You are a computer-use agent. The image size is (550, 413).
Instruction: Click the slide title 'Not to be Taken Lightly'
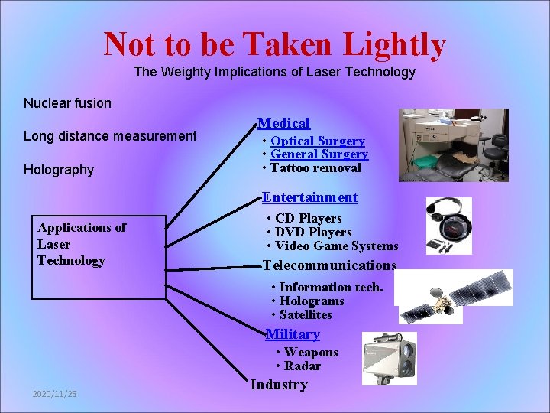pyautogui.click(x=274, y=44)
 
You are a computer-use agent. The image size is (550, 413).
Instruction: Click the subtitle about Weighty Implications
pyautogui.click(x=274, y=73)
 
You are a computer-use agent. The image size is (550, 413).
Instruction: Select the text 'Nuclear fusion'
pyautogui.click(x=67, y=103)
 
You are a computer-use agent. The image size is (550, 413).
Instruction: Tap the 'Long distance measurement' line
pyautogui.click(x=110, y=136)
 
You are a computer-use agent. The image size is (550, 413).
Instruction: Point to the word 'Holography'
pyautogui.click(x=59, y=170)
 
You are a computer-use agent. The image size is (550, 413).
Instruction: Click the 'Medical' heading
pyautogui.click(x=283, y=123)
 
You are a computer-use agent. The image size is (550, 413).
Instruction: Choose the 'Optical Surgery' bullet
pyautogui.click(x=317, y=141)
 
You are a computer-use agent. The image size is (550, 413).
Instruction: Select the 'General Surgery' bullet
pyautogui.click(x=319, y=154)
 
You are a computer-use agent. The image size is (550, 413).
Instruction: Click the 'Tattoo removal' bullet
pyautogui.click(x=315, y=168)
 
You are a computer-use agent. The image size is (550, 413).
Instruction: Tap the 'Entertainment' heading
pyautogui.click(x=309, y=197)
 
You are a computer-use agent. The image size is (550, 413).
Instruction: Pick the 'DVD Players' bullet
pyautogui.click(x=313, y=233)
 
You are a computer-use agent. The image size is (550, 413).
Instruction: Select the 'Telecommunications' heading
pyautogui.click(x=329, y=265)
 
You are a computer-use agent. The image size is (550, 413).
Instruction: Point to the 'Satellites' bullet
pyautogui.click(x=306, y=315)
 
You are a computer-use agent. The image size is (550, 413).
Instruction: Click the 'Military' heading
pyautogui.click(x=293, y=334)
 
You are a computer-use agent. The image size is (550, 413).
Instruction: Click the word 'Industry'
pyautogui.click(x=279, y=385)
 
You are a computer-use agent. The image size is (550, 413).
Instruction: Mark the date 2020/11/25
pyautogui.click(x=54, y=394)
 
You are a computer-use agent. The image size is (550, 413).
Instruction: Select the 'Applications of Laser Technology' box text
pyautogui.click(x=81, y=244)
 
